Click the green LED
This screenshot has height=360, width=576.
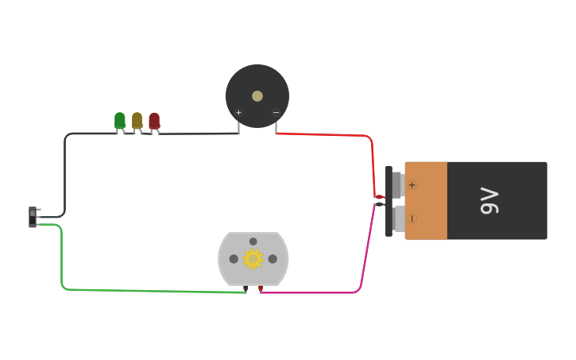click(x=120, y=120)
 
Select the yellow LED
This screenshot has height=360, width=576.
click(x=137, y=120)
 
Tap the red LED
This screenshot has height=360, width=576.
click(x=154, y=121)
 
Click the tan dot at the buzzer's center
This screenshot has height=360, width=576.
click(x=257, y=96)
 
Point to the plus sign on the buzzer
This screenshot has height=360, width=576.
click(x=238, y=113)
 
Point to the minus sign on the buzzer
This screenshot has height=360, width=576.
click(x=276, y=113)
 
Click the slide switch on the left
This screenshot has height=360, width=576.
click(x=33, y=216)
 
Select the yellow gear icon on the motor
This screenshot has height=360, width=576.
click(x=253, y=259)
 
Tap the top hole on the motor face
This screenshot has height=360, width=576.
click(x=253, y=242)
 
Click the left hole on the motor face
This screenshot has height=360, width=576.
click(x=234, y=259)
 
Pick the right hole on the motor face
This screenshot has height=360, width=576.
click(x=273, y=259)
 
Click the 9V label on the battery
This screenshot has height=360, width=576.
click(x=489, y=201)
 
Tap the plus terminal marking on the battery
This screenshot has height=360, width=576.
click(x=412, y=185)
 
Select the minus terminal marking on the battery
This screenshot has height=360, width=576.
click(x=412, y=219)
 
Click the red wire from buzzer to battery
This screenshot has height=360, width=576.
click(x=334, y=134)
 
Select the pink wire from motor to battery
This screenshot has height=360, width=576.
click(x=318, y=292)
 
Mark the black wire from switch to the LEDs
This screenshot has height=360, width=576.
click(x=64, y=175)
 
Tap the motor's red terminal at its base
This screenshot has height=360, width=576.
click(x=261, y=288)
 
